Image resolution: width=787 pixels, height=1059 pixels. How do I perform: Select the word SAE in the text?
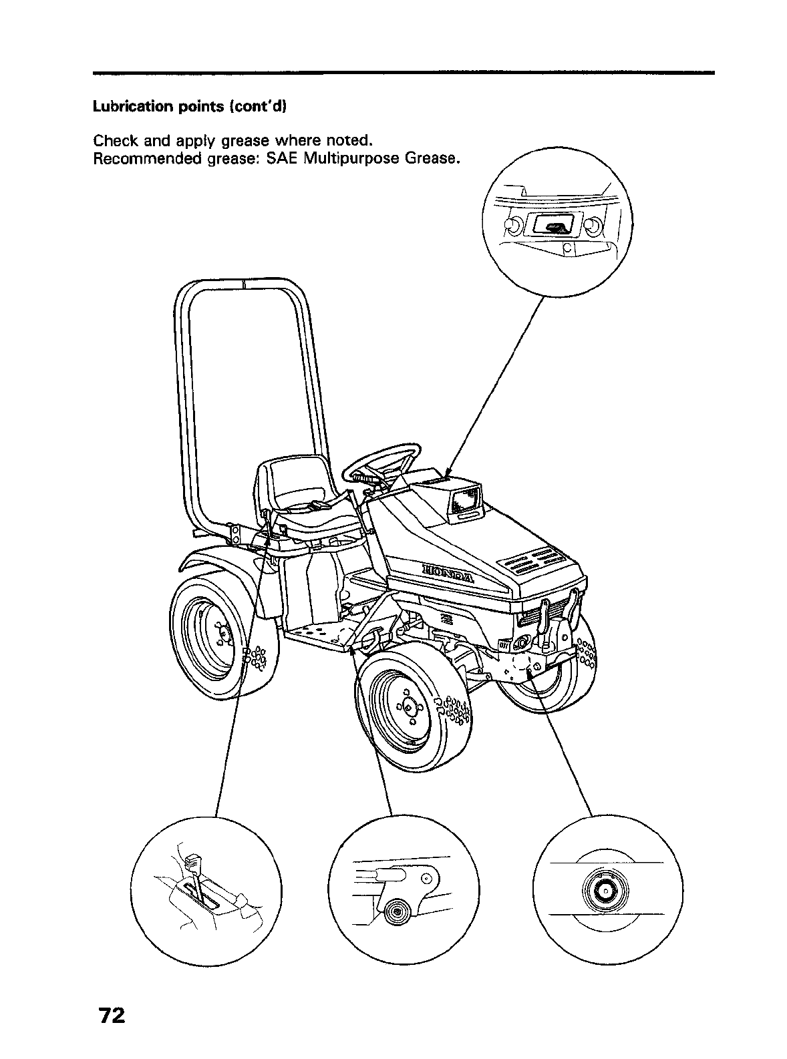pos(285,160)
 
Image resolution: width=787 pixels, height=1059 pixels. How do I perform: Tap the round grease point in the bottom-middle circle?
pos(396,911)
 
